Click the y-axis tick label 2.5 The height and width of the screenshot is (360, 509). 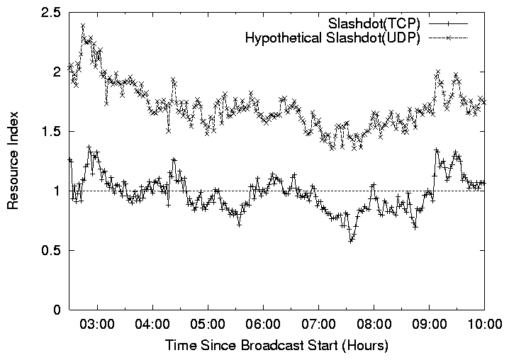click(x=52, y=13)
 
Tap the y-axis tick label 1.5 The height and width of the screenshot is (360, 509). click(x=52, y=132)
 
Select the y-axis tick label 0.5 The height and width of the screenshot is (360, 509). click(x=52, y=251)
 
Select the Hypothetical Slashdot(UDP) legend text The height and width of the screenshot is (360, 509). click(x=332, y=38)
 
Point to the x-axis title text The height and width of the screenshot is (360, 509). click(x=276, y=347)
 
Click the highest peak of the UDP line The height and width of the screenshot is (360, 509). click(x=83, y=26)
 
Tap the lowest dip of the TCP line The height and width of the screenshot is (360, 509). click(x=350, y=241)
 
